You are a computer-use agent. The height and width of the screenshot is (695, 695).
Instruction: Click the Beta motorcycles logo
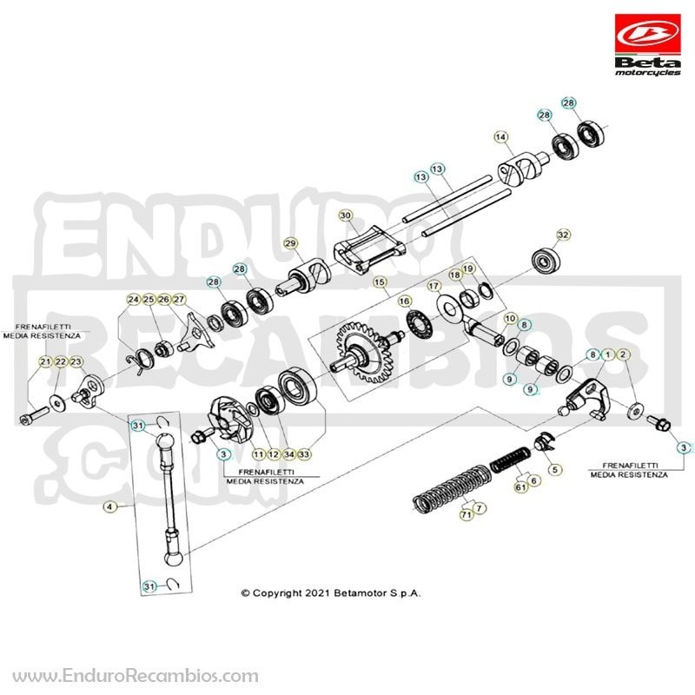click(x=647, y=45)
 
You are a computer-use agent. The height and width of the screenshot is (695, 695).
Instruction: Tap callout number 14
click(x=501, y=137)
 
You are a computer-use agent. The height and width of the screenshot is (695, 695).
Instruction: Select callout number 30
click(x=345, y=215)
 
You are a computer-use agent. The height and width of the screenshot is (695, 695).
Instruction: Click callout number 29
click(x=291, y=243)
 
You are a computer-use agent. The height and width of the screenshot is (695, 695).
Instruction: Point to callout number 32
click(x=563, y=235)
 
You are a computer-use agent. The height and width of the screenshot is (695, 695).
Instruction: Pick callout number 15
click(x=380, y=282)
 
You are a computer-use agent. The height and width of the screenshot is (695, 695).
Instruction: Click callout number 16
click(x=404, y=301)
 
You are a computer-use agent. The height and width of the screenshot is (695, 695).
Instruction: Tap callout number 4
click(x=110, y=506)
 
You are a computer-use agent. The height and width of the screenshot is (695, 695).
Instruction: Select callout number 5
click(x=555, y=469)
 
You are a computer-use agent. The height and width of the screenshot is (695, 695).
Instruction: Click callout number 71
click(x=466, y=514)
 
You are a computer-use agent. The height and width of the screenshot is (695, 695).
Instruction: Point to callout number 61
click(x=521, y=487)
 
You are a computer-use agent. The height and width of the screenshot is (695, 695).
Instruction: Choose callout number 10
click(x=511, y=319)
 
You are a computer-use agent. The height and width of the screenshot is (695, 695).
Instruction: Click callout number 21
click(x=46, y=362)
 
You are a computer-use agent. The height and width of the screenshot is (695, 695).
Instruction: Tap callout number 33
click(x=304, y=454)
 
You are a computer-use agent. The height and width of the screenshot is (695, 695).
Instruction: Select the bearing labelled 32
click(x=544, y=263)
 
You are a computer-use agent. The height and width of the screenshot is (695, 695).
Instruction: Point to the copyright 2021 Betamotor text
click(x=330, y=593)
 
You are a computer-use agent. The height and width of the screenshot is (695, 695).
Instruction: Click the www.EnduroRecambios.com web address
click(x=136, y=677)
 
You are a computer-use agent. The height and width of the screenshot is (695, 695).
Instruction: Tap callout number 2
click(x=623, y=354)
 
